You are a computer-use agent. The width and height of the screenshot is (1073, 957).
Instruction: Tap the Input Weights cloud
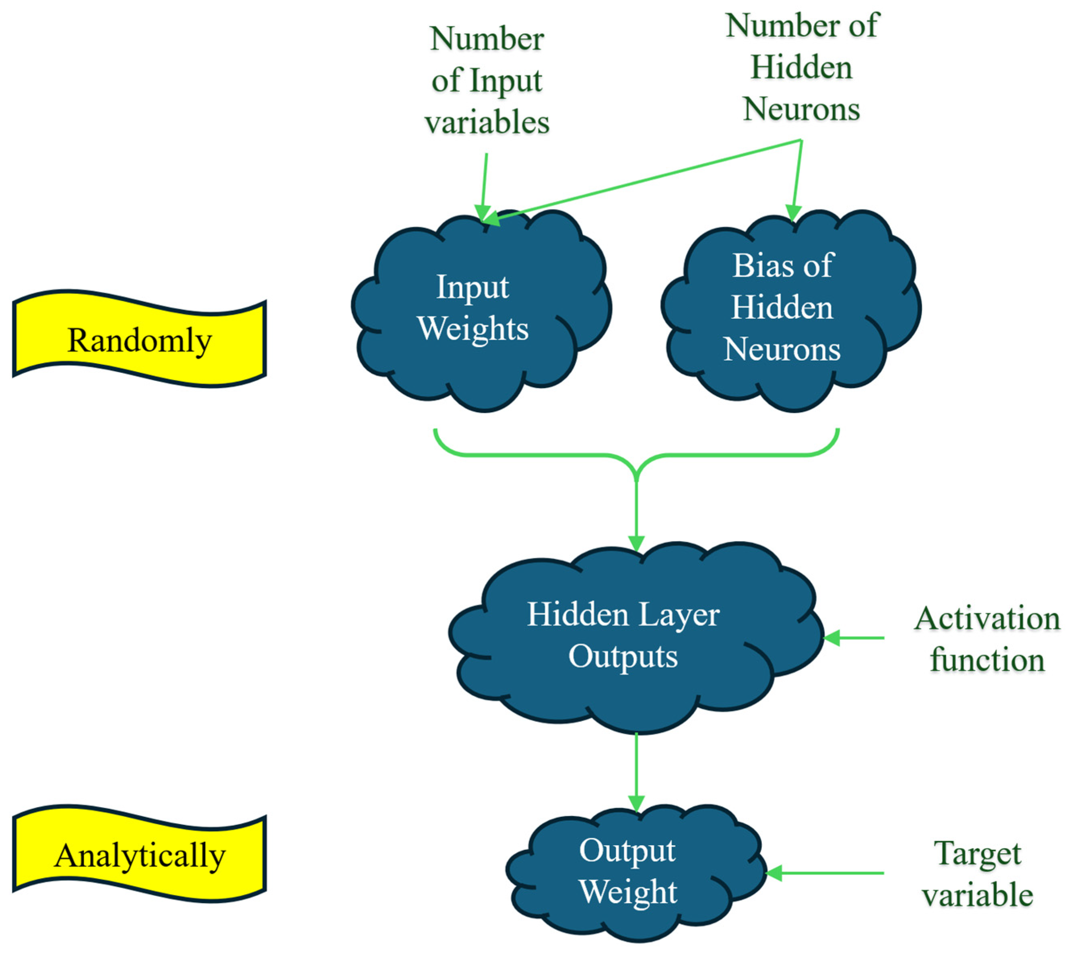pos(473,310)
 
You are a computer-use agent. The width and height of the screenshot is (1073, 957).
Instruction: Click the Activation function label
pos(987,639)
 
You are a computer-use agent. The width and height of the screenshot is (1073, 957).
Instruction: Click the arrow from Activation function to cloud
pos(854,638)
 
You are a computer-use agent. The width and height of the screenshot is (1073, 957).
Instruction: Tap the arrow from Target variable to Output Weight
pos(825,873)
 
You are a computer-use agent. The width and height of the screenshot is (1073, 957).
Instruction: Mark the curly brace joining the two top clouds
pos(636,455)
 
